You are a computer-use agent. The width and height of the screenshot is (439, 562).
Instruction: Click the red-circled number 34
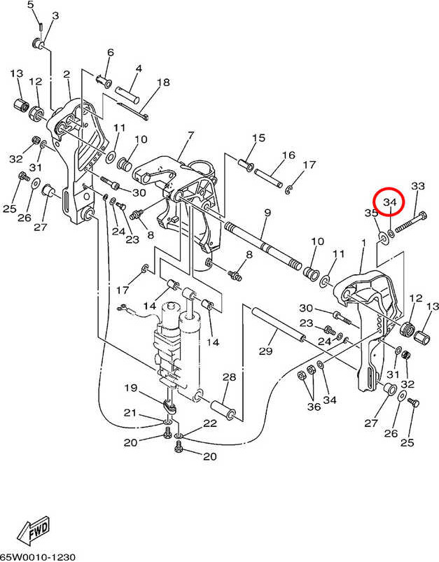(390, 204)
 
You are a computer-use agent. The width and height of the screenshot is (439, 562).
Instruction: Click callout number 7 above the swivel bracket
(190, 135)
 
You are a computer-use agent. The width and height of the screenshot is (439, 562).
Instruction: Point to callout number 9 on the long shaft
(267, 212)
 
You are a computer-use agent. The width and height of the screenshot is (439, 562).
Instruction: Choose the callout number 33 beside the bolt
(417, 186)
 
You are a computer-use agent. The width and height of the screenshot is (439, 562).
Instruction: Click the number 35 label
(371, 213)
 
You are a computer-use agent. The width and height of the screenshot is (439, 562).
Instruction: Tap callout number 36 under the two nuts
(314, 405)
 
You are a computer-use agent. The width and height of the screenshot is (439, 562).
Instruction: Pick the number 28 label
(229, 378)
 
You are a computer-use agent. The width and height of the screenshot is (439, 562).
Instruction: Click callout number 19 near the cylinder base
(130, 388)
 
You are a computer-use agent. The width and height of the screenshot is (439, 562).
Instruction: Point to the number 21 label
(130, 413)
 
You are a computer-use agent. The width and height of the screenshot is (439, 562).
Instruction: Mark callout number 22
(210, 423)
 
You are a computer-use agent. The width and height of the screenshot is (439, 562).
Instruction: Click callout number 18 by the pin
(162, 83)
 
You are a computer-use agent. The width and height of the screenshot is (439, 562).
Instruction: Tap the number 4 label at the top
(139, 69)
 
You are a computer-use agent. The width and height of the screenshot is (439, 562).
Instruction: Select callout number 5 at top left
(31, 6)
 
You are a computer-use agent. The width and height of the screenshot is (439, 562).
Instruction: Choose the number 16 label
(288, 155)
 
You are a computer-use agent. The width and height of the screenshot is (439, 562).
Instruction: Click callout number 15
(258, 138)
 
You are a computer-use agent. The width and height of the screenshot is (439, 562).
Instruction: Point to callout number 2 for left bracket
(67, 74)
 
